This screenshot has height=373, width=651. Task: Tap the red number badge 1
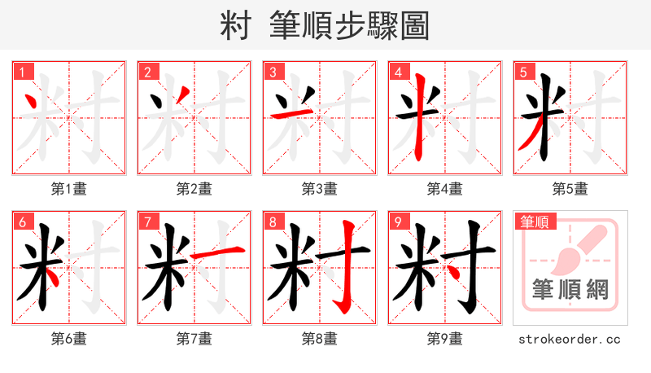(21, 72)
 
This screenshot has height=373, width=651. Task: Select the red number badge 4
(398, 72)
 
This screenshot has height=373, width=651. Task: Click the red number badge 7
(146, 222)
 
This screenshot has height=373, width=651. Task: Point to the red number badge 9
(398, 222)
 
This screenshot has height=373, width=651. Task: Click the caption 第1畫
(69, 189)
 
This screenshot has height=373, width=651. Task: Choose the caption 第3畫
(320, 189)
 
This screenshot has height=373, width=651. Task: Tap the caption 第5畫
(570, 189)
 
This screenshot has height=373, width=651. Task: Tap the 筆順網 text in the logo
(570, 290)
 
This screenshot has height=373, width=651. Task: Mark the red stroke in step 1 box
(32, 104)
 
